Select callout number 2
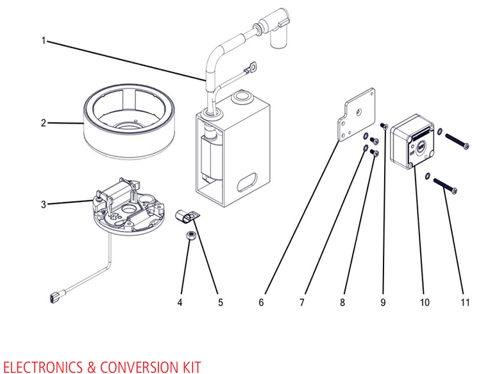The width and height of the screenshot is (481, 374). point(44,122)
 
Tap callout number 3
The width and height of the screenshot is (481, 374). point(44,205)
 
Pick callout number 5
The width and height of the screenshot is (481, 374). point(220,301)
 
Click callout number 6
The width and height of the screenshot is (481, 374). point(261,301)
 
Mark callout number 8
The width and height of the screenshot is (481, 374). point(342,301)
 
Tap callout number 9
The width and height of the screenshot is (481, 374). point(383,301)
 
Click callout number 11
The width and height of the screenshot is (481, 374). point(464,301)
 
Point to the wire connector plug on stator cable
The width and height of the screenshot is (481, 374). point(55,297)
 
